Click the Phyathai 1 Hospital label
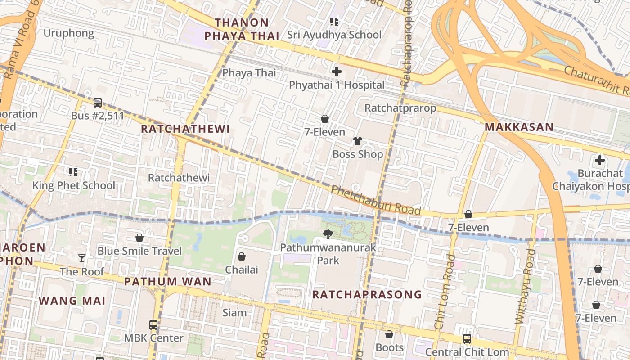point(337,85)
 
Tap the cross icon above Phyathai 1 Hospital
point(337,71)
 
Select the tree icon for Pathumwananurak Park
point(328,234)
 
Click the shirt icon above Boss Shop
point(358,141)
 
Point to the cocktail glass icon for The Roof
point(81,258)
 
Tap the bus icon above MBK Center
point(153,324)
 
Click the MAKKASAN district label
point(519,127)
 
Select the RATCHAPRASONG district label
point(367,295)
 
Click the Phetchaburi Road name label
point(376,200)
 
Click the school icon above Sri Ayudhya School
point(334,21)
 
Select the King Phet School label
point(74,185)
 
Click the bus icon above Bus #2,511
point(98,103)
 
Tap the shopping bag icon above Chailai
point(242,256)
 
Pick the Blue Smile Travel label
point(139,251)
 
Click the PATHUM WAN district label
point(167,282)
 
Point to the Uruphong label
point(69,33)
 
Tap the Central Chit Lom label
point(467,352)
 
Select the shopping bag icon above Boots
point(389,334)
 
